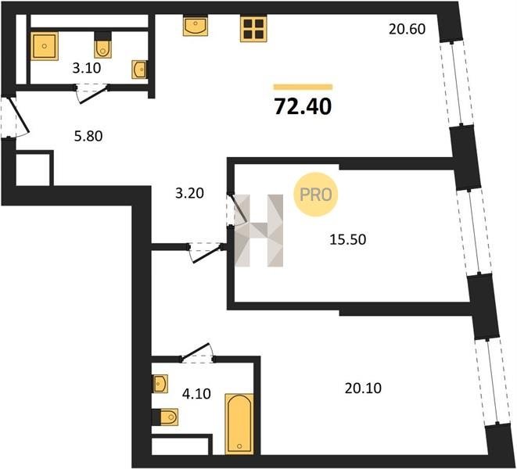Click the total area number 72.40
[x=303, y=107]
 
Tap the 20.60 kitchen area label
[x=407, y=30]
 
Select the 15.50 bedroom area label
[x=348, y=240]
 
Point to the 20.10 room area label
[x=363, y=388]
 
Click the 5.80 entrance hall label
[x=88, y=136]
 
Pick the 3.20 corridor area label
[x=189, y=193]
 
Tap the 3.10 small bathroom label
[x=87, y=68]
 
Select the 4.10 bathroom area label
[x=196, y=393]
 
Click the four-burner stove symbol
[x=253, y=29]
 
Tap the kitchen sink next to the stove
[x=196, y=25]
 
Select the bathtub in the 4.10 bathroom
[x=239, y=424]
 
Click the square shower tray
[x=45, y=46]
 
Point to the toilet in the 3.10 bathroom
[x=103, y=45]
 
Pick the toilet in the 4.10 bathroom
[x=165, y=417]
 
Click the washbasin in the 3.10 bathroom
[x=139, y=70]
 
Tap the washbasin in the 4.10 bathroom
[x=160, y=384]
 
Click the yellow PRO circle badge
[x=316, y=195]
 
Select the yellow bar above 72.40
[x=303, y=87]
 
